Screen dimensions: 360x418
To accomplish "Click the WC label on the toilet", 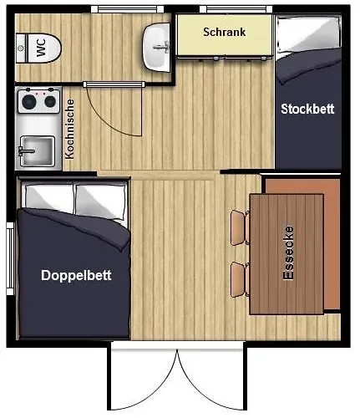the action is tap(41, 48).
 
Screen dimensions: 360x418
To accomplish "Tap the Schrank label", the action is tap(225, 32).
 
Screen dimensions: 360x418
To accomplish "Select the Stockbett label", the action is tap(307, 109).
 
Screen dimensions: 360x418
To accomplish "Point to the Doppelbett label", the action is tap(76, 275).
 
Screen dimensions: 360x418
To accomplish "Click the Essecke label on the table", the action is tap(288, 252).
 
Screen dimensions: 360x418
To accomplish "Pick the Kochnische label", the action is tap(69, 130).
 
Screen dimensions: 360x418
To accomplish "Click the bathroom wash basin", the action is tap(156, 48).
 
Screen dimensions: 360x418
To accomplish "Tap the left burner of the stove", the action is tap(29, 102).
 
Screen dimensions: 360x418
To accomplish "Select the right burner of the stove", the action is tap(50, 102).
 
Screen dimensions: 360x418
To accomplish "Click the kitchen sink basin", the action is tap(38, 150).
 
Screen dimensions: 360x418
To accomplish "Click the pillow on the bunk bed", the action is tap(307, 35).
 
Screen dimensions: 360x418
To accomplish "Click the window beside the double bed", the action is tap(10, 258).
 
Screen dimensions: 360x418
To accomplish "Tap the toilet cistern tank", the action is tap(21, 48).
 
